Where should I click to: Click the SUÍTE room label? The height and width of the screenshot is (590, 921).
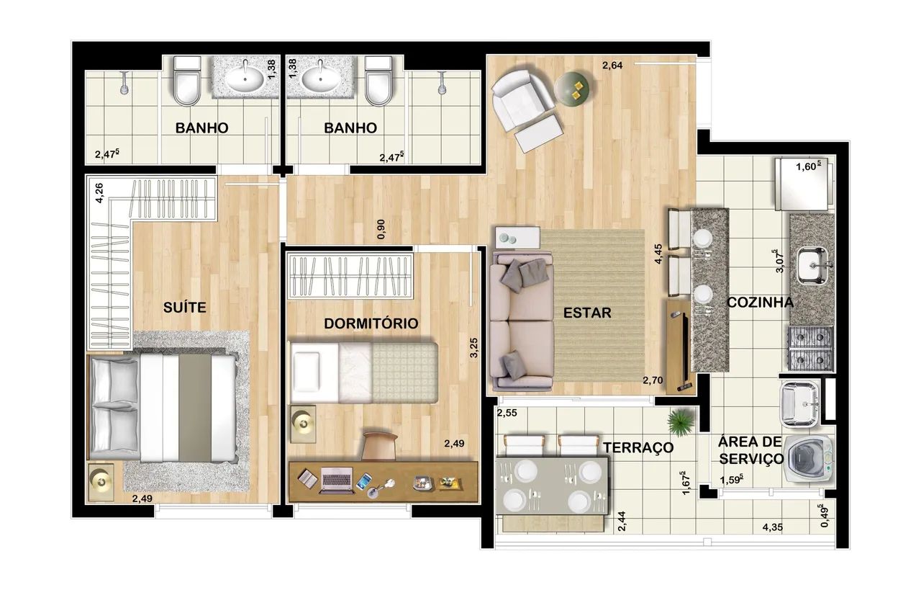coord(185,307)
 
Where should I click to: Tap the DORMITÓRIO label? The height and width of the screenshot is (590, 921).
coord(371,323)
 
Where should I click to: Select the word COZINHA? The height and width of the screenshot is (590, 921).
coord(761,303)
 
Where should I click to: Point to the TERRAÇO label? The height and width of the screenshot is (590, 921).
coord(638,447)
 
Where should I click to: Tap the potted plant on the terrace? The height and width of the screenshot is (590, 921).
coord(680,423)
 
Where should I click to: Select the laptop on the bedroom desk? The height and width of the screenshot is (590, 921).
coord(337,480)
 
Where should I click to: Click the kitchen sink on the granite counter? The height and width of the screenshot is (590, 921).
coord(812,266)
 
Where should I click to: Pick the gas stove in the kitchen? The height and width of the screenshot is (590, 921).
coord(811,349)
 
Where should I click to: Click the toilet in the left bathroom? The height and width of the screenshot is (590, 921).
coord(187,81)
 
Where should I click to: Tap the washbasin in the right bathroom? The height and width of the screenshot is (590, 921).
coord(321,79)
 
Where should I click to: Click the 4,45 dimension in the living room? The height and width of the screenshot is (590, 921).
coord(658,254)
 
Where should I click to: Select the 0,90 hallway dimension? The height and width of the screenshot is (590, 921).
coord(381,229)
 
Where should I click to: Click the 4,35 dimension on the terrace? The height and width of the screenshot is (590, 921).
coord(773,527)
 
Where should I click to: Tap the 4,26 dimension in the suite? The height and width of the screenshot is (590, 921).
coord(99,193)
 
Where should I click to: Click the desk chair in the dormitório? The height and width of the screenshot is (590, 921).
coord(379,445)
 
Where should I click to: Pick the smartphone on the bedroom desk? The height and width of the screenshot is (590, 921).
coord(364,481)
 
